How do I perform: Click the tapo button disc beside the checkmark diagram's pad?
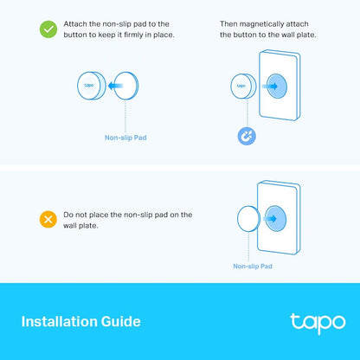click(90, 87)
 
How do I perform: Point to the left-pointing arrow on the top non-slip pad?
click(116, 87)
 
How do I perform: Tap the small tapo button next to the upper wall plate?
click(241, 87)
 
